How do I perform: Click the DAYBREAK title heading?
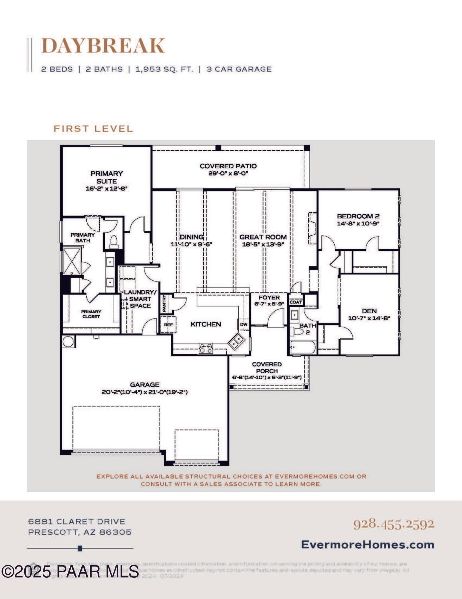(x=103, y=46)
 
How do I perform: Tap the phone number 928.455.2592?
(x=394, y=524)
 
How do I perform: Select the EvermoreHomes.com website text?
(x=368, y=544)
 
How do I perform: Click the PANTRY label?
(x=164, y=303)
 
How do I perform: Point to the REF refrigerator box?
(x=168, y=325)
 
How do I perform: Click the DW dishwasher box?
(x=244, y=324)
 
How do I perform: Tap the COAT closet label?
(x=296, y=302)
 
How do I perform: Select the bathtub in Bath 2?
(x=303, y=348)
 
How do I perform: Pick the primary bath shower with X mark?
(x=72, y=261)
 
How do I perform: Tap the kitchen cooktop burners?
(x=206, y=348)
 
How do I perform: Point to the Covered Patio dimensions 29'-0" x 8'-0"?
(x=228, y=173)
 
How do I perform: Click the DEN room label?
(x=369, y=311)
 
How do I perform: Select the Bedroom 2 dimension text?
(x=358, y=223)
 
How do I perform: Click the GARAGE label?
(x=144, y=385)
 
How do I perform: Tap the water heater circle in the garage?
(x=68, y=342)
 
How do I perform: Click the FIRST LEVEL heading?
(x=93, y=129)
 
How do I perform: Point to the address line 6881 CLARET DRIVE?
(x=77, y=521)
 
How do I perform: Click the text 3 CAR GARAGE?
(x=239, y=69)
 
